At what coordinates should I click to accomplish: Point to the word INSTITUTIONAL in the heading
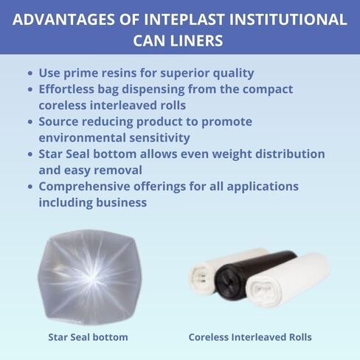[287, 19]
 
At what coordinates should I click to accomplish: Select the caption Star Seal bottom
[88, 337]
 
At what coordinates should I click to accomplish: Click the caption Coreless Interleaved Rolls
[250, 337]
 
